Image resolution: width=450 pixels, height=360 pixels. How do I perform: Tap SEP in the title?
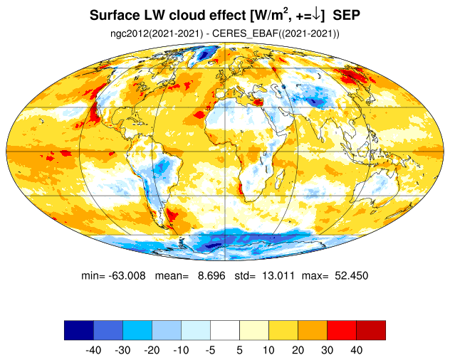pos(346,15)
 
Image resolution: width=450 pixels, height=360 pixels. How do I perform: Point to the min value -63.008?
pos(127,275)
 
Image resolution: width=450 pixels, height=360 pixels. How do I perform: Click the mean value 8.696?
pos(211,275)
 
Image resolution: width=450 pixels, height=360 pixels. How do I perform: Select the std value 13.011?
pos(278,275)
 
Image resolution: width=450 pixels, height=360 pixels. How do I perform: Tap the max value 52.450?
pos(351,275)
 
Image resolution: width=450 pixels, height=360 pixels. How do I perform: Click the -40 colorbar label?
pos(93,350)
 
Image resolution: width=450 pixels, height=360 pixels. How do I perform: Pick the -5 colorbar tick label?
pos(210,350)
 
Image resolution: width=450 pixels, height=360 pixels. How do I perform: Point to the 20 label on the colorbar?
pos(298,350)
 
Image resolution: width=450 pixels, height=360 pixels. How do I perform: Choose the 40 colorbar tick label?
pos(356,350)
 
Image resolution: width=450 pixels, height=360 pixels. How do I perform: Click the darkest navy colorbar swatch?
pos(79,330)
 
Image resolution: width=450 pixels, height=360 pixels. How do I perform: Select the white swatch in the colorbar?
pos(225,330)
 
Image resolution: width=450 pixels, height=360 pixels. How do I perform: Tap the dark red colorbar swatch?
pos(371,330)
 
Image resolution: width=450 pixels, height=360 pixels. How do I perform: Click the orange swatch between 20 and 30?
pos(313,330)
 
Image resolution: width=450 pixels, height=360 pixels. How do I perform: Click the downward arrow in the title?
pos(316,16)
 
